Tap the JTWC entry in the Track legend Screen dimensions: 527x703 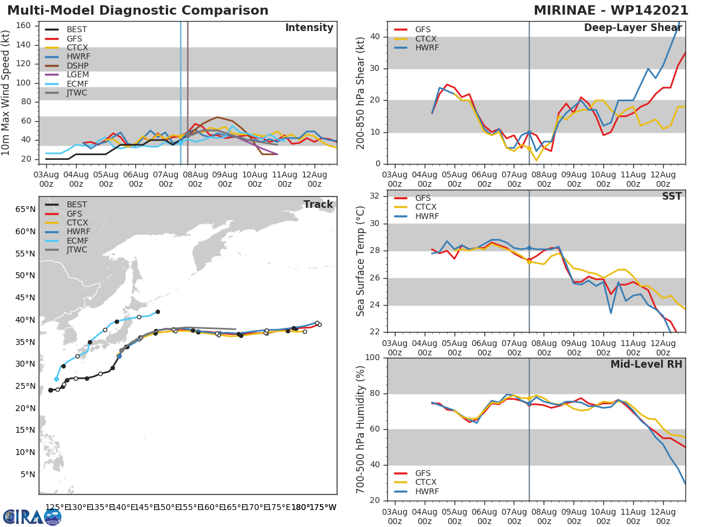click(76, 249)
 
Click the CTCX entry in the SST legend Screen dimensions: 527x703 click(426, 207)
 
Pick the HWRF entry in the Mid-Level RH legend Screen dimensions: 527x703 click(426, 491)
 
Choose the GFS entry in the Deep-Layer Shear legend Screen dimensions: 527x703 click(422, 29)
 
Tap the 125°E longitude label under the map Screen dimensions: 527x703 click(54, 507)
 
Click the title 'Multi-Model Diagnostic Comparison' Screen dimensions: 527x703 click(138, 11)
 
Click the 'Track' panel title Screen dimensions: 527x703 click(318, 204)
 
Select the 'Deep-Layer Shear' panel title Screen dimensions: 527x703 click(633, 28)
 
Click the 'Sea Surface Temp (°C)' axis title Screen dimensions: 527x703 click(360, 261)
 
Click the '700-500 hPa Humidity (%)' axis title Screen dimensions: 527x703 click(360, 429)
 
